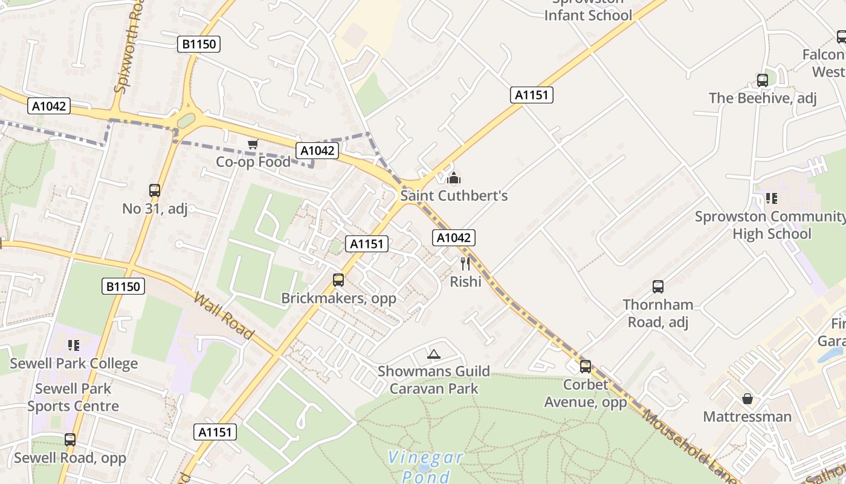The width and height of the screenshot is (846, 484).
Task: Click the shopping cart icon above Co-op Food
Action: (253, 144)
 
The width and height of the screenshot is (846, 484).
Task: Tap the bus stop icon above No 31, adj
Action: (155, 190)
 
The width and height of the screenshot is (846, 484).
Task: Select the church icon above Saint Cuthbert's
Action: (454, 178)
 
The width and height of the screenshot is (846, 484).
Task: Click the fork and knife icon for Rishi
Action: (465, 263)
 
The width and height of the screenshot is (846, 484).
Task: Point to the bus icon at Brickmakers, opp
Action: (338, 280)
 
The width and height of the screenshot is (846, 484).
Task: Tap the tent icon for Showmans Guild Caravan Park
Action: (433, 354)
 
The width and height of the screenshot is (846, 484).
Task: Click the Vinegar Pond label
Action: (425, 466)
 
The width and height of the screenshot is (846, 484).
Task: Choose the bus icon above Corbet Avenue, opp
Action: (585, 366)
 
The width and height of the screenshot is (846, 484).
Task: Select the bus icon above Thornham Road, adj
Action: (658, 286)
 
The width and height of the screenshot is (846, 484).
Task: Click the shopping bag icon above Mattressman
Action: (748, 399)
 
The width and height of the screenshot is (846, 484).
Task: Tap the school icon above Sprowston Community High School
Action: (771, 198)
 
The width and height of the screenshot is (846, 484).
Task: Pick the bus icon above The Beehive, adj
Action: (763, 80)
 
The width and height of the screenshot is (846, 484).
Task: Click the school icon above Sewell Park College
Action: (74, 345)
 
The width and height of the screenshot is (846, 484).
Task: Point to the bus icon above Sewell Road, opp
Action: (70, 439)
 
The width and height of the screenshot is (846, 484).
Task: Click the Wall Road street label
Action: (224, 316)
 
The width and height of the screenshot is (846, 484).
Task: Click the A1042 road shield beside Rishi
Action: (453, 238)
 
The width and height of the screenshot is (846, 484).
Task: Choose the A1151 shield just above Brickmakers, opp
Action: (367, 244)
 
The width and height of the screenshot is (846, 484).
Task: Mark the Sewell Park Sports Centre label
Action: (73, 397)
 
